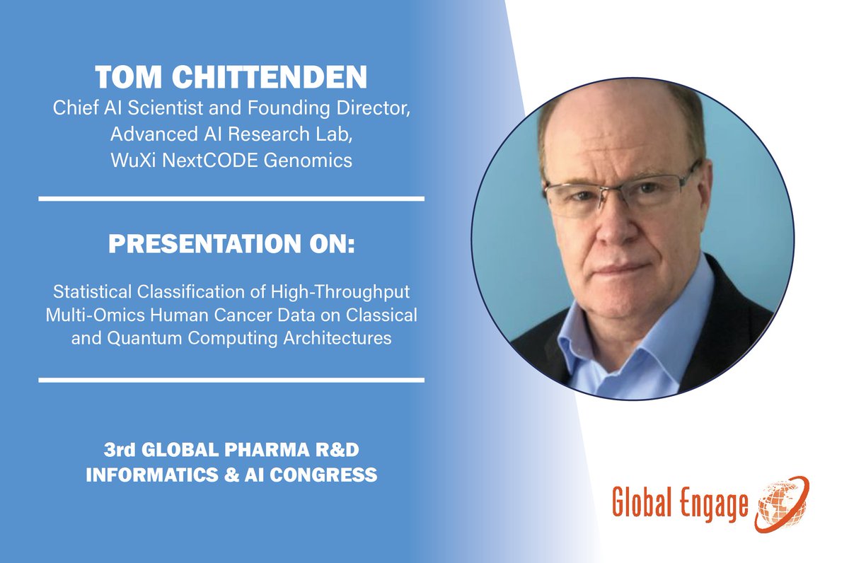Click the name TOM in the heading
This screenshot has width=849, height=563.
[x=127, y=79]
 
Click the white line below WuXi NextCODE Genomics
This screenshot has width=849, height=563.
[x=231, y=199]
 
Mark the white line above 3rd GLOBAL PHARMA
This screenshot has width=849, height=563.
[x=231, y=381]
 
